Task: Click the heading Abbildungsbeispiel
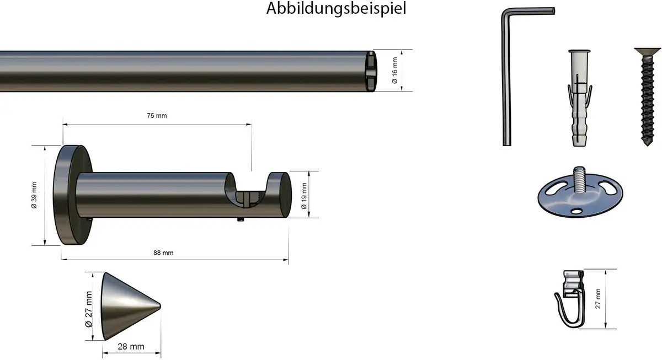pyautogui.click(x=336, y=8)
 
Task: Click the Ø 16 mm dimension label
pyautogui.click(x=395, y=70)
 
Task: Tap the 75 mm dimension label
pyautogui.click(x=157, y=116)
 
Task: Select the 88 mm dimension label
pyautogui.click(x=163, y=253)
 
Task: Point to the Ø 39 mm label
pyautogui.click(x=34, y=195)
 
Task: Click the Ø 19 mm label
pyautogui.click(x=304, y=196)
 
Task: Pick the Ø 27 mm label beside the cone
pyautogui.click(x=89, y=309)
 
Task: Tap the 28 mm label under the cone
pyautogui.click(x=131, y=346)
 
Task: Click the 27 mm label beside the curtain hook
pyautogui.click(x=598, y=299)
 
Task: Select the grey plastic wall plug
pyautogui.click(x=579, y=98)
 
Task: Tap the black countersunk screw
pyautogui.click(x=647, y=96)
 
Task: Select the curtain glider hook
pyautogui.click(x=569, y=299)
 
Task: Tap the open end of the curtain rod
pyautogui.click(x=371, y=71)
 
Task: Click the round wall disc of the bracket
pyautogui.click(x=72, y=195)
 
